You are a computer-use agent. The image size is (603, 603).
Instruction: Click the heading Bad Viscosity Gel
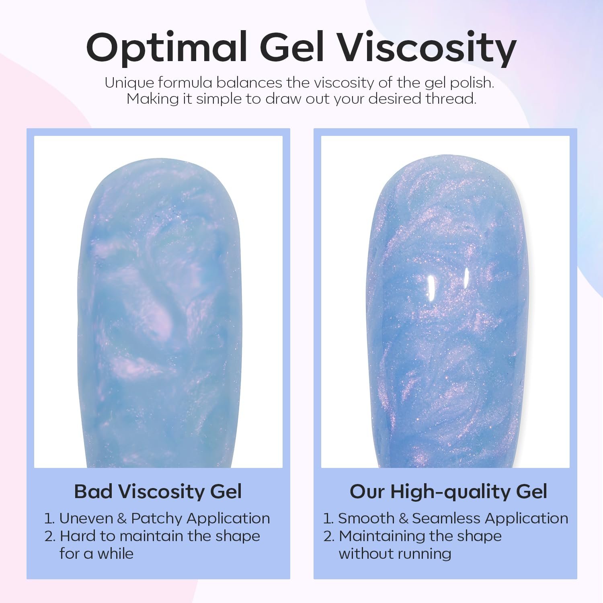158,491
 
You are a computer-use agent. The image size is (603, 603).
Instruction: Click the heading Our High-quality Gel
448,491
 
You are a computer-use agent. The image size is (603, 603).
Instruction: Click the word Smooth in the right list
366,518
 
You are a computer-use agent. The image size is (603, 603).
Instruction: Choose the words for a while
96,554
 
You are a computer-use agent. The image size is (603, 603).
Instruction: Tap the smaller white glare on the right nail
466,278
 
